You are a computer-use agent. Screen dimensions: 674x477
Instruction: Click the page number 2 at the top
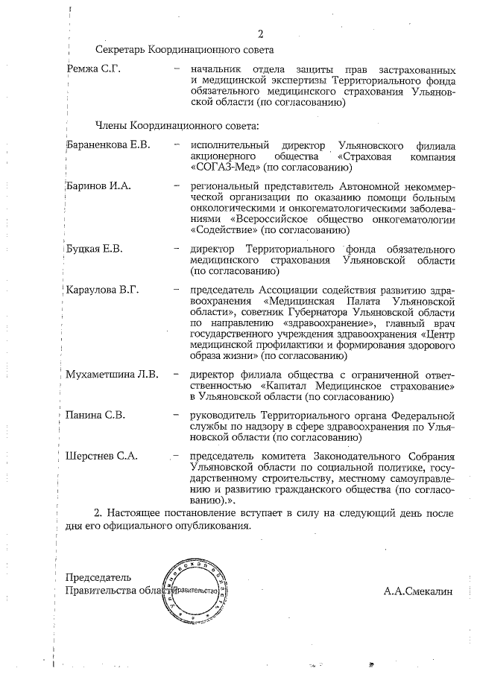pos(261,33)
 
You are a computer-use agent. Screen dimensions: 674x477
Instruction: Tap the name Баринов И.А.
pos(98,185)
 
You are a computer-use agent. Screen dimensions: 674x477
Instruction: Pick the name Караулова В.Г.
pos(103,290)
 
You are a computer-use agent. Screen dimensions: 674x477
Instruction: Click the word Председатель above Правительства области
pos(98,577)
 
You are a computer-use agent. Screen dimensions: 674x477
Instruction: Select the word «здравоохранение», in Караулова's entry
pos(325,323)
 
